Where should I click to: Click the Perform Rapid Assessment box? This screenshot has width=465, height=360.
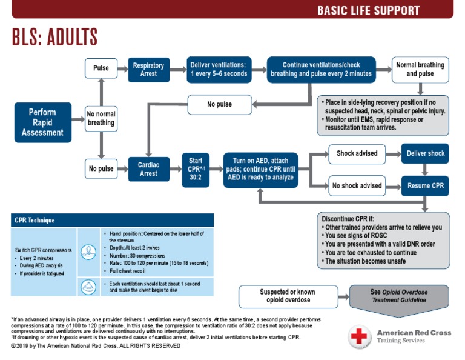pos(43,122)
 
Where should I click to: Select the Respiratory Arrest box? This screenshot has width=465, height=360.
pos(148,70)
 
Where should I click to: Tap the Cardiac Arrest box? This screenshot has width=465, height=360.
pos(148,168)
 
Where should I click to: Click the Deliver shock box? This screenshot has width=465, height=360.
pos(425,153)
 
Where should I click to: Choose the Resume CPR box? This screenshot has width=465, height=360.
pos(425,185)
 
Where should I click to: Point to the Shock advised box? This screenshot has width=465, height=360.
pos(357,153)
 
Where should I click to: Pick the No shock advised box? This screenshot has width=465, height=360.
pos(357,185)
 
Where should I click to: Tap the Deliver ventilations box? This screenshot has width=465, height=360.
pos(219,70)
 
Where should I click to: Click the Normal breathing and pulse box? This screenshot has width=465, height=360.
pos(420,70)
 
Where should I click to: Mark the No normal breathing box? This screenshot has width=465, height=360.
pos(101,118)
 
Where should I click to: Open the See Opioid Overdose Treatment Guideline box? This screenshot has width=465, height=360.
pos(398,296)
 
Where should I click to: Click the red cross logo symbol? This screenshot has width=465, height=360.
pos(359,336)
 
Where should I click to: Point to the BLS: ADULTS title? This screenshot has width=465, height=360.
pos(54,38)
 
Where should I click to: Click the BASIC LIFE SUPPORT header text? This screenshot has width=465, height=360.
pos(368,10)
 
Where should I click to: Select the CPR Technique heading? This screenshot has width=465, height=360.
pos(35,220)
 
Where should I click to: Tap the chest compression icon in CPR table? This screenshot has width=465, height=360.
pos(87,250)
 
